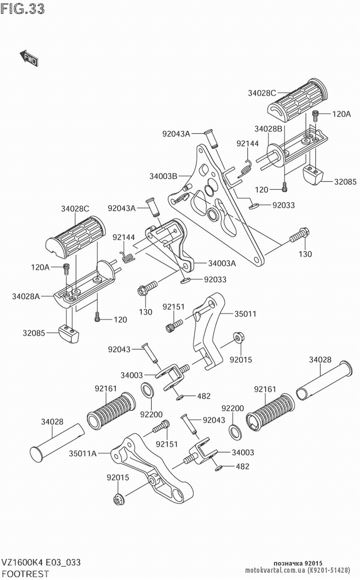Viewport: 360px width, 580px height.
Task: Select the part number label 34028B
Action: [268, 129]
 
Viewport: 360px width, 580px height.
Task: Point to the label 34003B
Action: [163, 177]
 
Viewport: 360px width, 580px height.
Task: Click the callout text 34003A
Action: [222, 263]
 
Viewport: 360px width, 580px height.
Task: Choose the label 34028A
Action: [26, 296]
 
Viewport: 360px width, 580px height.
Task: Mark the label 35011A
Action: [83, 454]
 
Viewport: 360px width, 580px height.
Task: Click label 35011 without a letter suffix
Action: [245, 314]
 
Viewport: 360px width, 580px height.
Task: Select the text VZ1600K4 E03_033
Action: [40, 563]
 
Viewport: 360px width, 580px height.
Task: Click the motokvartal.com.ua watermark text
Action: [275, 570]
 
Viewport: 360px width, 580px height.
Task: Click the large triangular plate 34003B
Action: [220, 216]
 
